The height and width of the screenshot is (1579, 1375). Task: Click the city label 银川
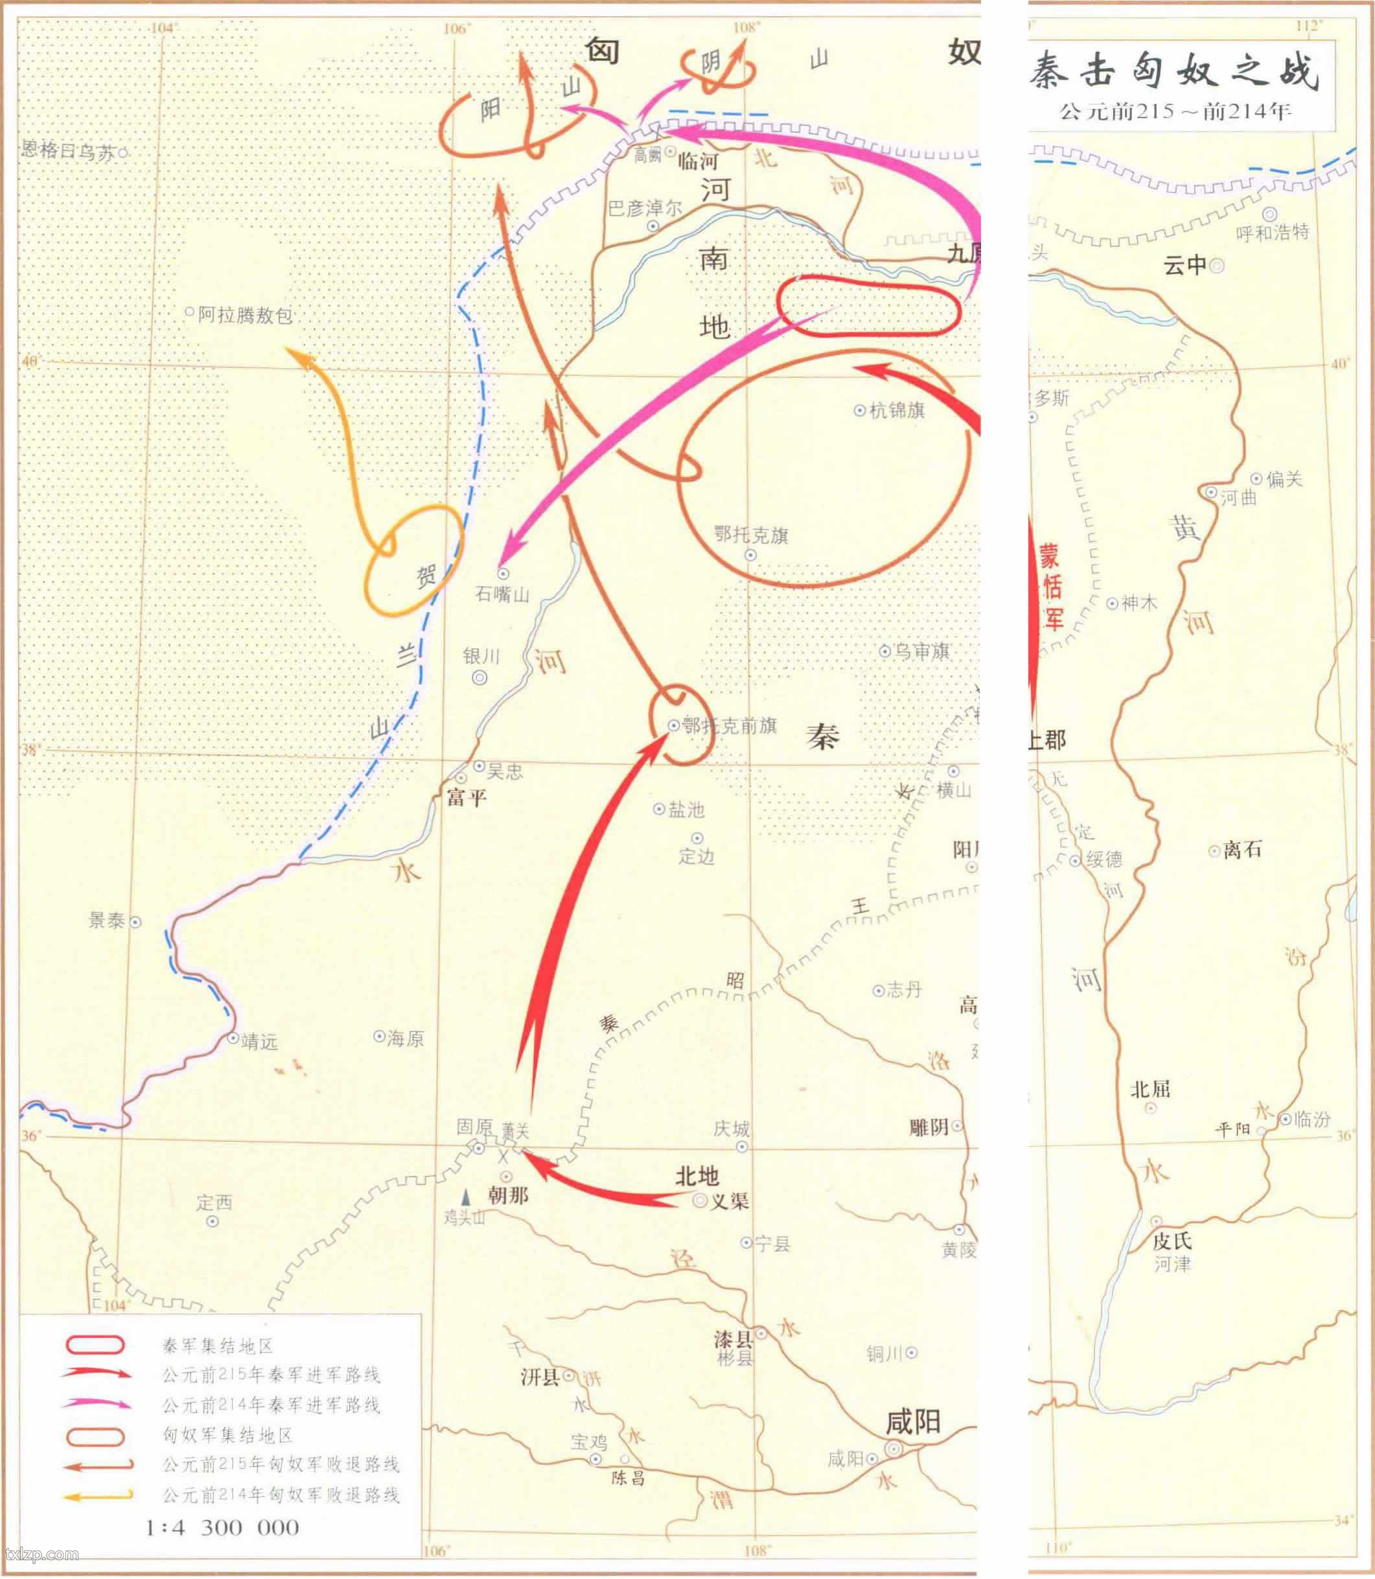[x=481, y=657]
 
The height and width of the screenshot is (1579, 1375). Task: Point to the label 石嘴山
[x=503, y=594]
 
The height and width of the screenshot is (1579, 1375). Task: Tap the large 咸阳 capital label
[x=912, y=1421]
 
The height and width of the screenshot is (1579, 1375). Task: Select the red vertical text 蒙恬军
[x=1050, y=587]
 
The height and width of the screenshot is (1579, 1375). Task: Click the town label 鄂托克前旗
[x=729, y=725]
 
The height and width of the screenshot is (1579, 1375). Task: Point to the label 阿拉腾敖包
[x=245, y=315]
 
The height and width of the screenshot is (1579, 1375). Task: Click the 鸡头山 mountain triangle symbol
[x=465, y=1197]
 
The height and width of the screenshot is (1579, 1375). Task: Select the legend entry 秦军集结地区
[x=218, y=1346]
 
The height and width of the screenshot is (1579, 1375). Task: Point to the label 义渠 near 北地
[x=729, y=1201]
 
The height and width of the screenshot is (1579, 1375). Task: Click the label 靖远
[x=259, y=1042]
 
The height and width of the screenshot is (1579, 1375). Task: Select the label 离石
[x=1242, y=849]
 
